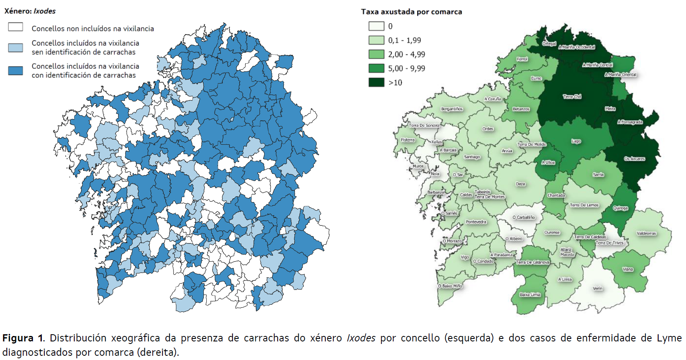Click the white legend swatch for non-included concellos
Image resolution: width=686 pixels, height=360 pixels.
[x=16, y=27]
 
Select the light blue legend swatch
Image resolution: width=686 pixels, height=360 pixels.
[x=16, y=47]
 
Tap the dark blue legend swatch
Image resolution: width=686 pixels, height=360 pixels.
[x=16, y=70]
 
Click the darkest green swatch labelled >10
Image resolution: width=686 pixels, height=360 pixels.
[x=376, y=82]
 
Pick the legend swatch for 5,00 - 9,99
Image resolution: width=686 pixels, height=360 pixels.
[x=376, y=68]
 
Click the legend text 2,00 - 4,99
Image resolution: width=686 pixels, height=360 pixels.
[x=406, y=54]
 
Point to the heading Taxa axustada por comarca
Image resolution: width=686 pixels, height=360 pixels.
[x=411, y=12]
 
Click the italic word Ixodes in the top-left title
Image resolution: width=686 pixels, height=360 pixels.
[x=45, y=11]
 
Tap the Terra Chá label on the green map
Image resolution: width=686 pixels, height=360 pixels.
[x=572, y=97]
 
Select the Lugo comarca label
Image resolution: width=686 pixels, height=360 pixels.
[x=576, y=141]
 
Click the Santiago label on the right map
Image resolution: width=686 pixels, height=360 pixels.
[x=472, y=157]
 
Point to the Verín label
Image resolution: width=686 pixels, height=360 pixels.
[x=597, y=289]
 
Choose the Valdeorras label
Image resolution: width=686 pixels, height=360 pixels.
[x=646, y=233]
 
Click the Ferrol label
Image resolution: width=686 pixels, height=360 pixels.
[x=522, y=59]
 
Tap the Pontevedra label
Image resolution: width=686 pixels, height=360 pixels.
[x=476, y=222]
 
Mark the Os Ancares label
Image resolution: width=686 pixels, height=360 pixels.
[x=635, y=159]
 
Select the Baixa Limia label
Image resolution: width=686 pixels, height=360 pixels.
[x=530, y=295]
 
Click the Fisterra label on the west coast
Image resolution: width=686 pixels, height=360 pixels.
[x=408, y=140]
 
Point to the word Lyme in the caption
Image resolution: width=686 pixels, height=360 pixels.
[x=669, y=338]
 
